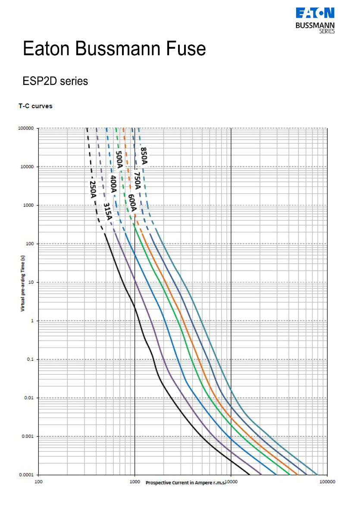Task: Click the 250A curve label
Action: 93,189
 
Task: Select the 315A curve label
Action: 107,211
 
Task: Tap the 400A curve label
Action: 113,184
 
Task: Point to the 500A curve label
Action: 119,160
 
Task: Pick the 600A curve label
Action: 132,203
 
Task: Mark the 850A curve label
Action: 144,156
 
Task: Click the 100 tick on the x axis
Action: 38,482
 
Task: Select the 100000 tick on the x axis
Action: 327,482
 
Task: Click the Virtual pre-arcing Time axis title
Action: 22,283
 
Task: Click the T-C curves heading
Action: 35,106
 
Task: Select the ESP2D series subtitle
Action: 55,81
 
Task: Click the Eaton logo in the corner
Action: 315,19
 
